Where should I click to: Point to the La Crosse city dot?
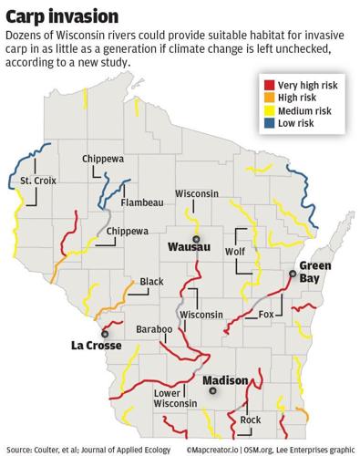(x=104, y=335)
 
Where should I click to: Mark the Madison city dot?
(x=213, y=390)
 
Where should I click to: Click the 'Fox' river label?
(x=266, y=315)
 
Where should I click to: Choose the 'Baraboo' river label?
(x=153, y=327)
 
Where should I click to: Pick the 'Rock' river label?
(x=251, y=420)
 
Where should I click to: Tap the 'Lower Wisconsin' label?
(x=175, y=397)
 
